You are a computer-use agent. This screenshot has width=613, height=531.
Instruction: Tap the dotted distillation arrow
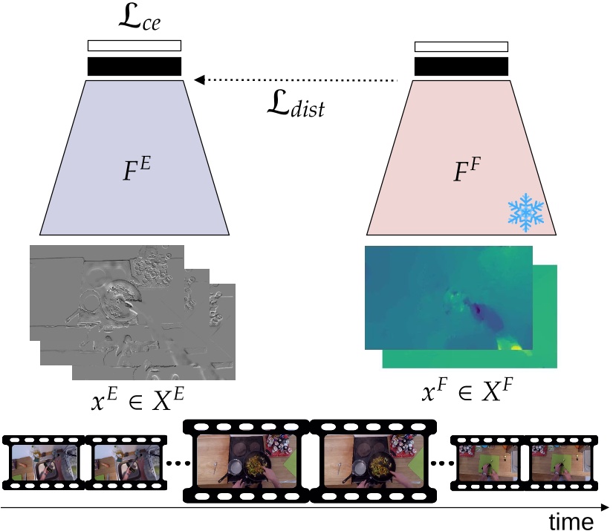pyautogui.click(x=297, y=79)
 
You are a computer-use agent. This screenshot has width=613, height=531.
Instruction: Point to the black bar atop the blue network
pyautogui.click(x=134, y=66)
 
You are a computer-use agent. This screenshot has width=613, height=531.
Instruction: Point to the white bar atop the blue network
pyautogui.click(x=134, y=45)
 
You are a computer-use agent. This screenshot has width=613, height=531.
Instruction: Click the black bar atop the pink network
pyautogui.click(x=461, y=66)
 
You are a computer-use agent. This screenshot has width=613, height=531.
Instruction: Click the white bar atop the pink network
pyautogui.click(x=461, y=47)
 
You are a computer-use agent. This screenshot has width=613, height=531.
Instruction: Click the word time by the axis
pyautogui.click(x=571, y=521)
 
